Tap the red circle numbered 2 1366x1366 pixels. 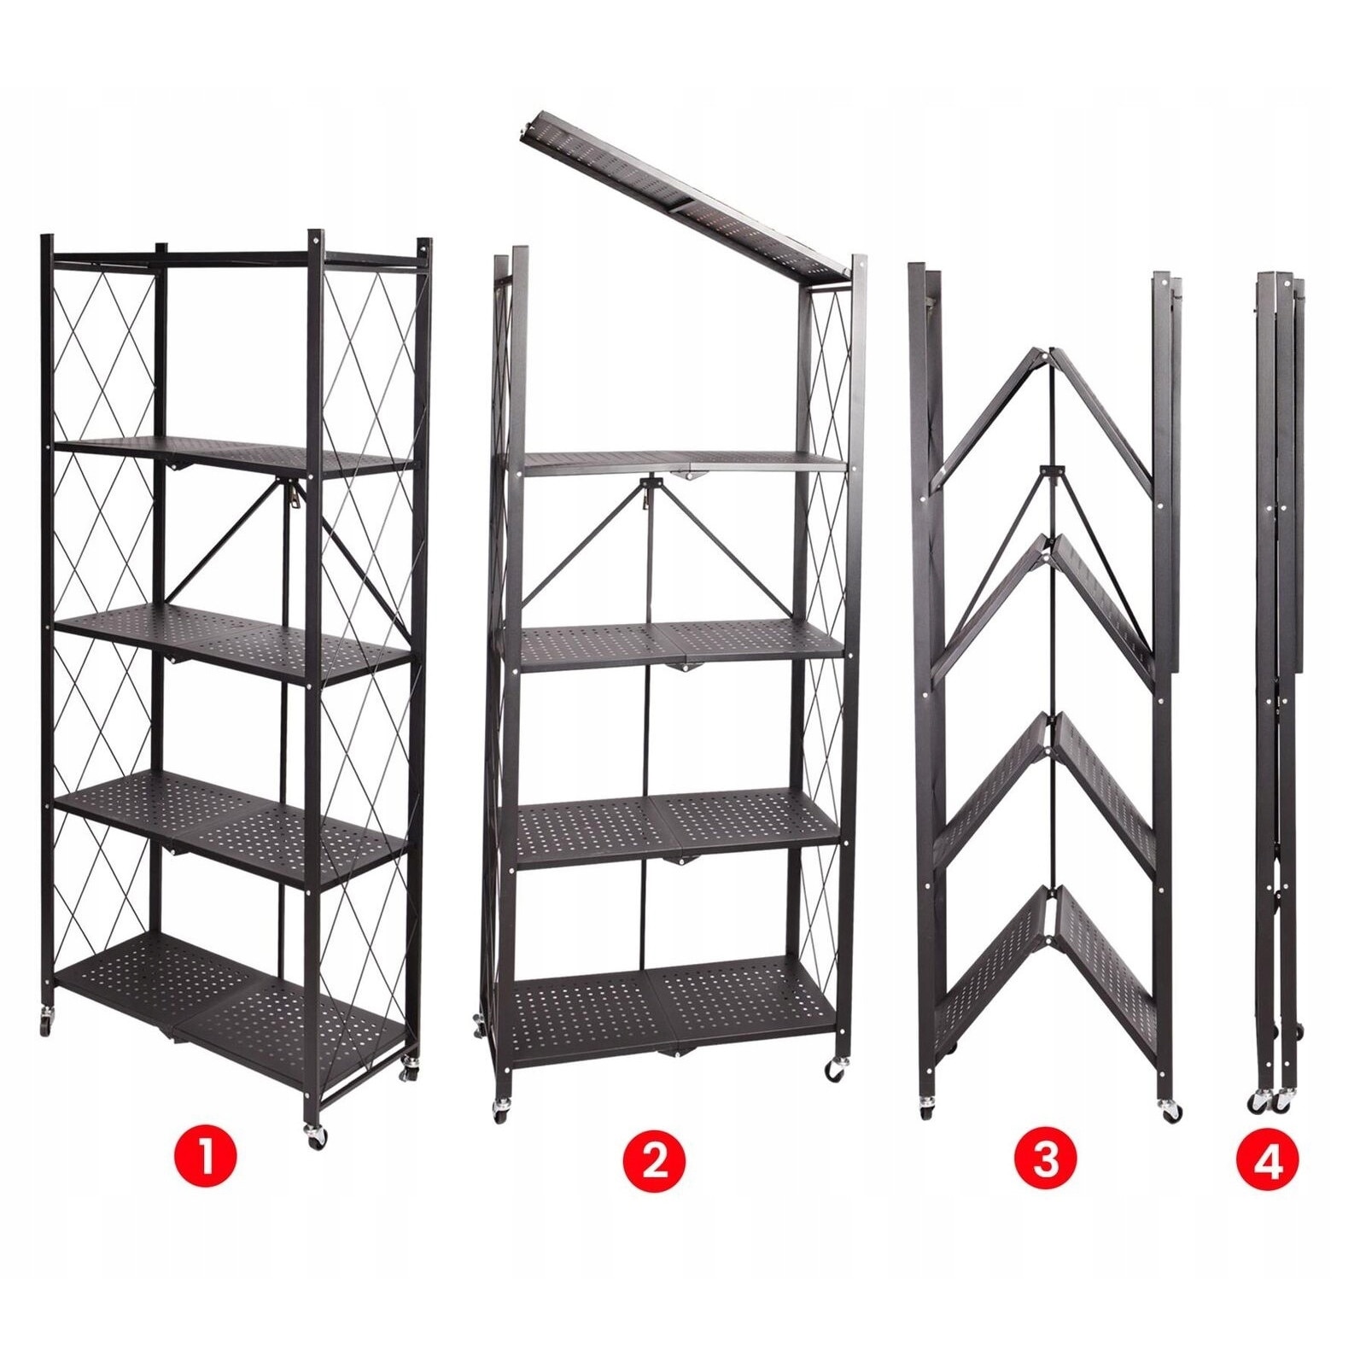click(655, 1160)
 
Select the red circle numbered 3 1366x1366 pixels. click(1046, 1160)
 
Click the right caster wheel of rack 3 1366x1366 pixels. click(1170, 1111)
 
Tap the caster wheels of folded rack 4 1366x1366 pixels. click(1269, 1102)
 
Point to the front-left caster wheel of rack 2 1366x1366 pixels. click(502, 1111)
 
